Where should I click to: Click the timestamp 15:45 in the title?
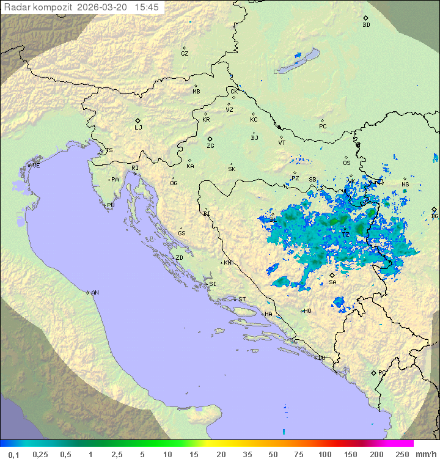click(x=147, y=7)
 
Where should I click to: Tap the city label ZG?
click(x=210, y=146)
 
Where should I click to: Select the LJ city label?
click(x=138, y=128)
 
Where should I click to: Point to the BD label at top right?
click(x=366, y=25)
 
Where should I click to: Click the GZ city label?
click(x=185, y=54)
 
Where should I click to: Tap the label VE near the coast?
click(x=36, y=166)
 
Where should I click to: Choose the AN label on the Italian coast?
click(x=95, y=293)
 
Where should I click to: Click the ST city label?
click(x=242, y=299)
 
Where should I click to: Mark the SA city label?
click(x=332, y=282)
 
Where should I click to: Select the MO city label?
click(x=307, y=311)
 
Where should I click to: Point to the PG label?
click(x=382, y=373)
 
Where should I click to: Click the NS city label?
click(x=405, y=185)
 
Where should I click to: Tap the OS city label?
click(x=346, y=163)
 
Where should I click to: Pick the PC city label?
click(x=323, y=127)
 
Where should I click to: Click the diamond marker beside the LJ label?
click(x=138, y=120)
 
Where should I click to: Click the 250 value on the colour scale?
click(x=402, y=454)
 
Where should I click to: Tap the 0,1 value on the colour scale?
click(x=13, y=454)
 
